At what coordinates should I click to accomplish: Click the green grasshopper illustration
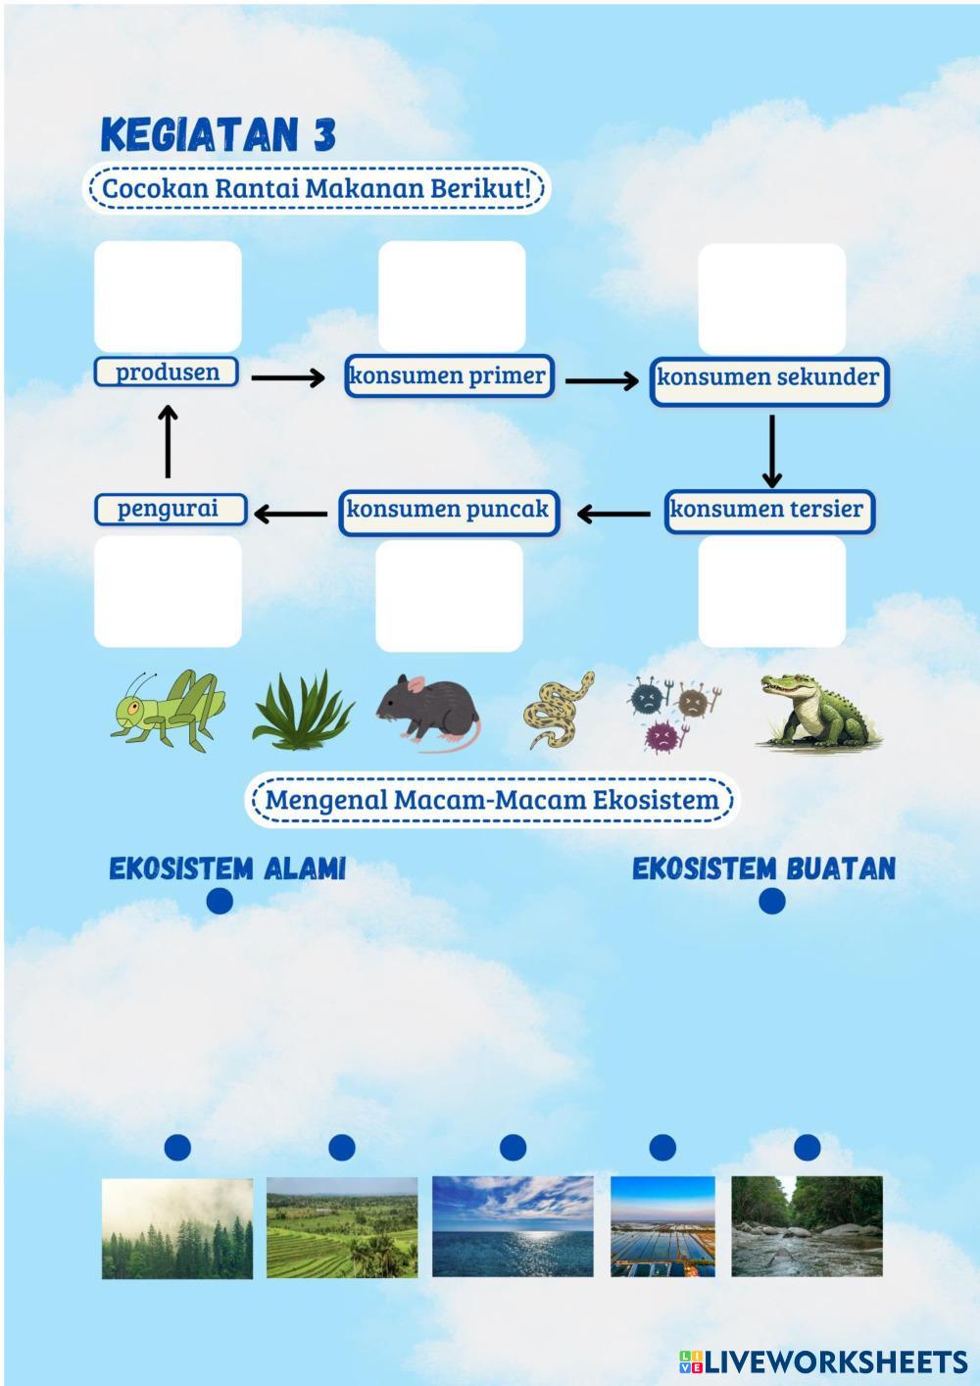click(x=168, y=711)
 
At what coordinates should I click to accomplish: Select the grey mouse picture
click(x=428, y=710)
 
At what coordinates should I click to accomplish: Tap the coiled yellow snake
click(x=559, y=710)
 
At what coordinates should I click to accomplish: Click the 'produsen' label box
click(x=167, y=372)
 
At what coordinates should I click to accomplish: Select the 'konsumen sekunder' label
click(x=768, y=377)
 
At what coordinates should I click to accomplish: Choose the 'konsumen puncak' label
click(x=448, y=510)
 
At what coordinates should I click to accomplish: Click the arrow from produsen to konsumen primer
click(x=287, y=377)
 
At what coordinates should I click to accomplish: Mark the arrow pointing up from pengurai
click(x=168, y=441)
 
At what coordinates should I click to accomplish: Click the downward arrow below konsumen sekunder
click(x=772, y=451)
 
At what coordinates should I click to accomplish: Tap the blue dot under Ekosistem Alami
click(x=220, y=901)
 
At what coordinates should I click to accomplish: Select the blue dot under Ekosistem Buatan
click(x=772, y=901)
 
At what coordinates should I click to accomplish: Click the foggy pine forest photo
click(x=177, y=1228)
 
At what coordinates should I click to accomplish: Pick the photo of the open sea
click(x=513, y=1226)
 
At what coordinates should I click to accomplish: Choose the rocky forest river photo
click(x=807, y=1226)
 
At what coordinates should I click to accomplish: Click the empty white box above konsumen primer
click(x=452, y=296)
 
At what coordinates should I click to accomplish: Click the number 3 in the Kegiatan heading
click(x=324, y=135)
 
